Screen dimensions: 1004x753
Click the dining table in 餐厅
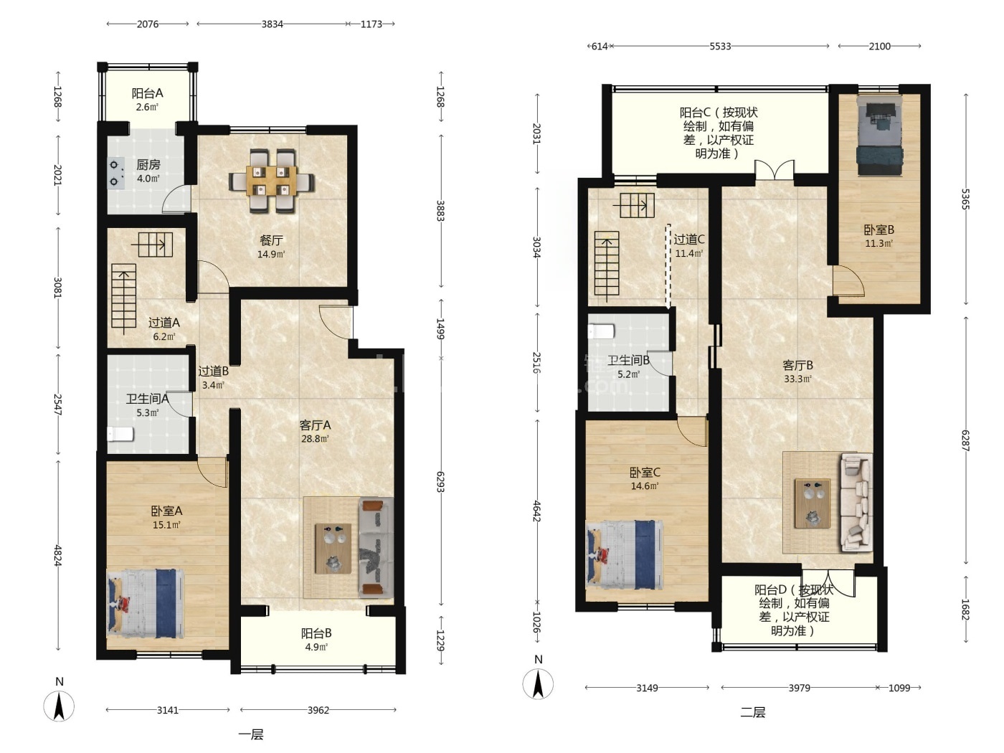pyautogui.click(x=271, y=181)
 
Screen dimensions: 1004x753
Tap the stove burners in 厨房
pyautogui.click(x=115, y=173)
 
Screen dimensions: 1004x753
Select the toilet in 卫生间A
pyautogui.click(x=120, y=434)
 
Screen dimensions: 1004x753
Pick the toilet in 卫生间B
pyautogui.click(x=600, y=331)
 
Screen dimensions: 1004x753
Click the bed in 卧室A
pyautogui.click(x=146, y=604)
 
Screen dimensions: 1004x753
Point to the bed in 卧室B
pyautogui.click(x=880, y=136)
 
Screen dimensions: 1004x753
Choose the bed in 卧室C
pyautogui.click(x=624, y=554)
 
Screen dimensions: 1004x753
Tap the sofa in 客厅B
pyautogui.click(x=856, y=502)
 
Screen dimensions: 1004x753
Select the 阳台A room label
pyautogui.click(x=147, y=93)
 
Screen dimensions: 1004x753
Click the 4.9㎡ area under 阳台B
pyautogui.click(x=316, y=647)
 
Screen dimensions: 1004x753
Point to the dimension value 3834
pyautogui.click(x=272, y=24)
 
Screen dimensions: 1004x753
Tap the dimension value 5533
pyautogui.click(x=720, y=46)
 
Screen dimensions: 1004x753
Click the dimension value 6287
pyautogui.click(x=965, y=441)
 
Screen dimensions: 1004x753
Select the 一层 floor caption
pyautogui.click(x=251, y=734)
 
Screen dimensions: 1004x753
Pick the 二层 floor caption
pyautogui.click(x=752, y=712)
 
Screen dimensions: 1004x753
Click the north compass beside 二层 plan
pyautogui.click(x=539, y=684)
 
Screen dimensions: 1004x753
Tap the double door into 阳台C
pyautogui.click(x=775, y=170)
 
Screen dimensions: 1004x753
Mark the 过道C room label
pyautogui.click(x=689, y=239)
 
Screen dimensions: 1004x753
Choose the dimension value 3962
pyautogui.click(x=318, y=710)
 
